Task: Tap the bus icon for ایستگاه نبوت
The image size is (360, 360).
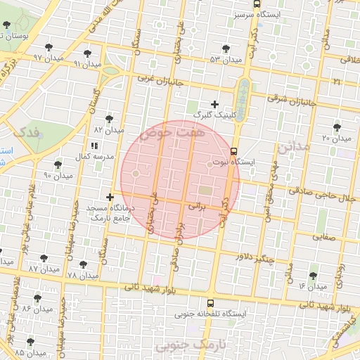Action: (x=234, y=150)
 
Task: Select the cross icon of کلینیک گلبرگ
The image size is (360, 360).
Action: (x=215, y=104)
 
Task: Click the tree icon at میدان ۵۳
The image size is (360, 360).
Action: (x=226, y=49)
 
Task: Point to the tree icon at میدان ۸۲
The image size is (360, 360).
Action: (x=108, y=119)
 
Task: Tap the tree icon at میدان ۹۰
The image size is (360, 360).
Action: (x=58, y=165)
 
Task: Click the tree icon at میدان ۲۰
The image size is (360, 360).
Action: (x=337, y=127)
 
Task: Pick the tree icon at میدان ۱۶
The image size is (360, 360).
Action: (x=313, y=276)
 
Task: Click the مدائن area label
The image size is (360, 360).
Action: (x=293, y=148)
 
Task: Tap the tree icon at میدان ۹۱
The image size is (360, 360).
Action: (x=87, y=53)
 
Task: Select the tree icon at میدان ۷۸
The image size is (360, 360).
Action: (x=84, y=264)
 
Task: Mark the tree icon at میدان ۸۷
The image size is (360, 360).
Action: (x=44, y=258)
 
